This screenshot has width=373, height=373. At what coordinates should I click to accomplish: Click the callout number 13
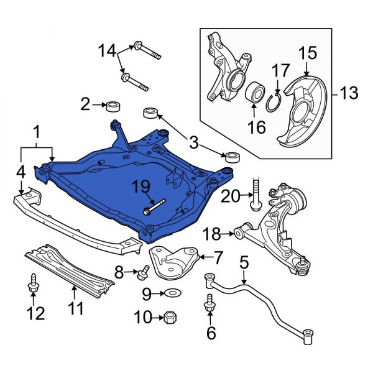(x=349, y=94)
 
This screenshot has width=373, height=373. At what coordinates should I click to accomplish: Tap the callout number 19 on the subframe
(x=141, y=186)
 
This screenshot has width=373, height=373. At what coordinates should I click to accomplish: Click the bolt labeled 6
(x=208, y=305)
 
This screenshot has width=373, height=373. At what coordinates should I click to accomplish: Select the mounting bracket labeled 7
(x=173, y=262)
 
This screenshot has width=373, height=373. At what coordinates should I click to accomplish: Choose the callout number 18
(x=212, y=234)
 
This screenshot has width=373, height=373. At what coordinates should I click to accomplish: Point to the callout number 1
(x=36, y=132)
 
